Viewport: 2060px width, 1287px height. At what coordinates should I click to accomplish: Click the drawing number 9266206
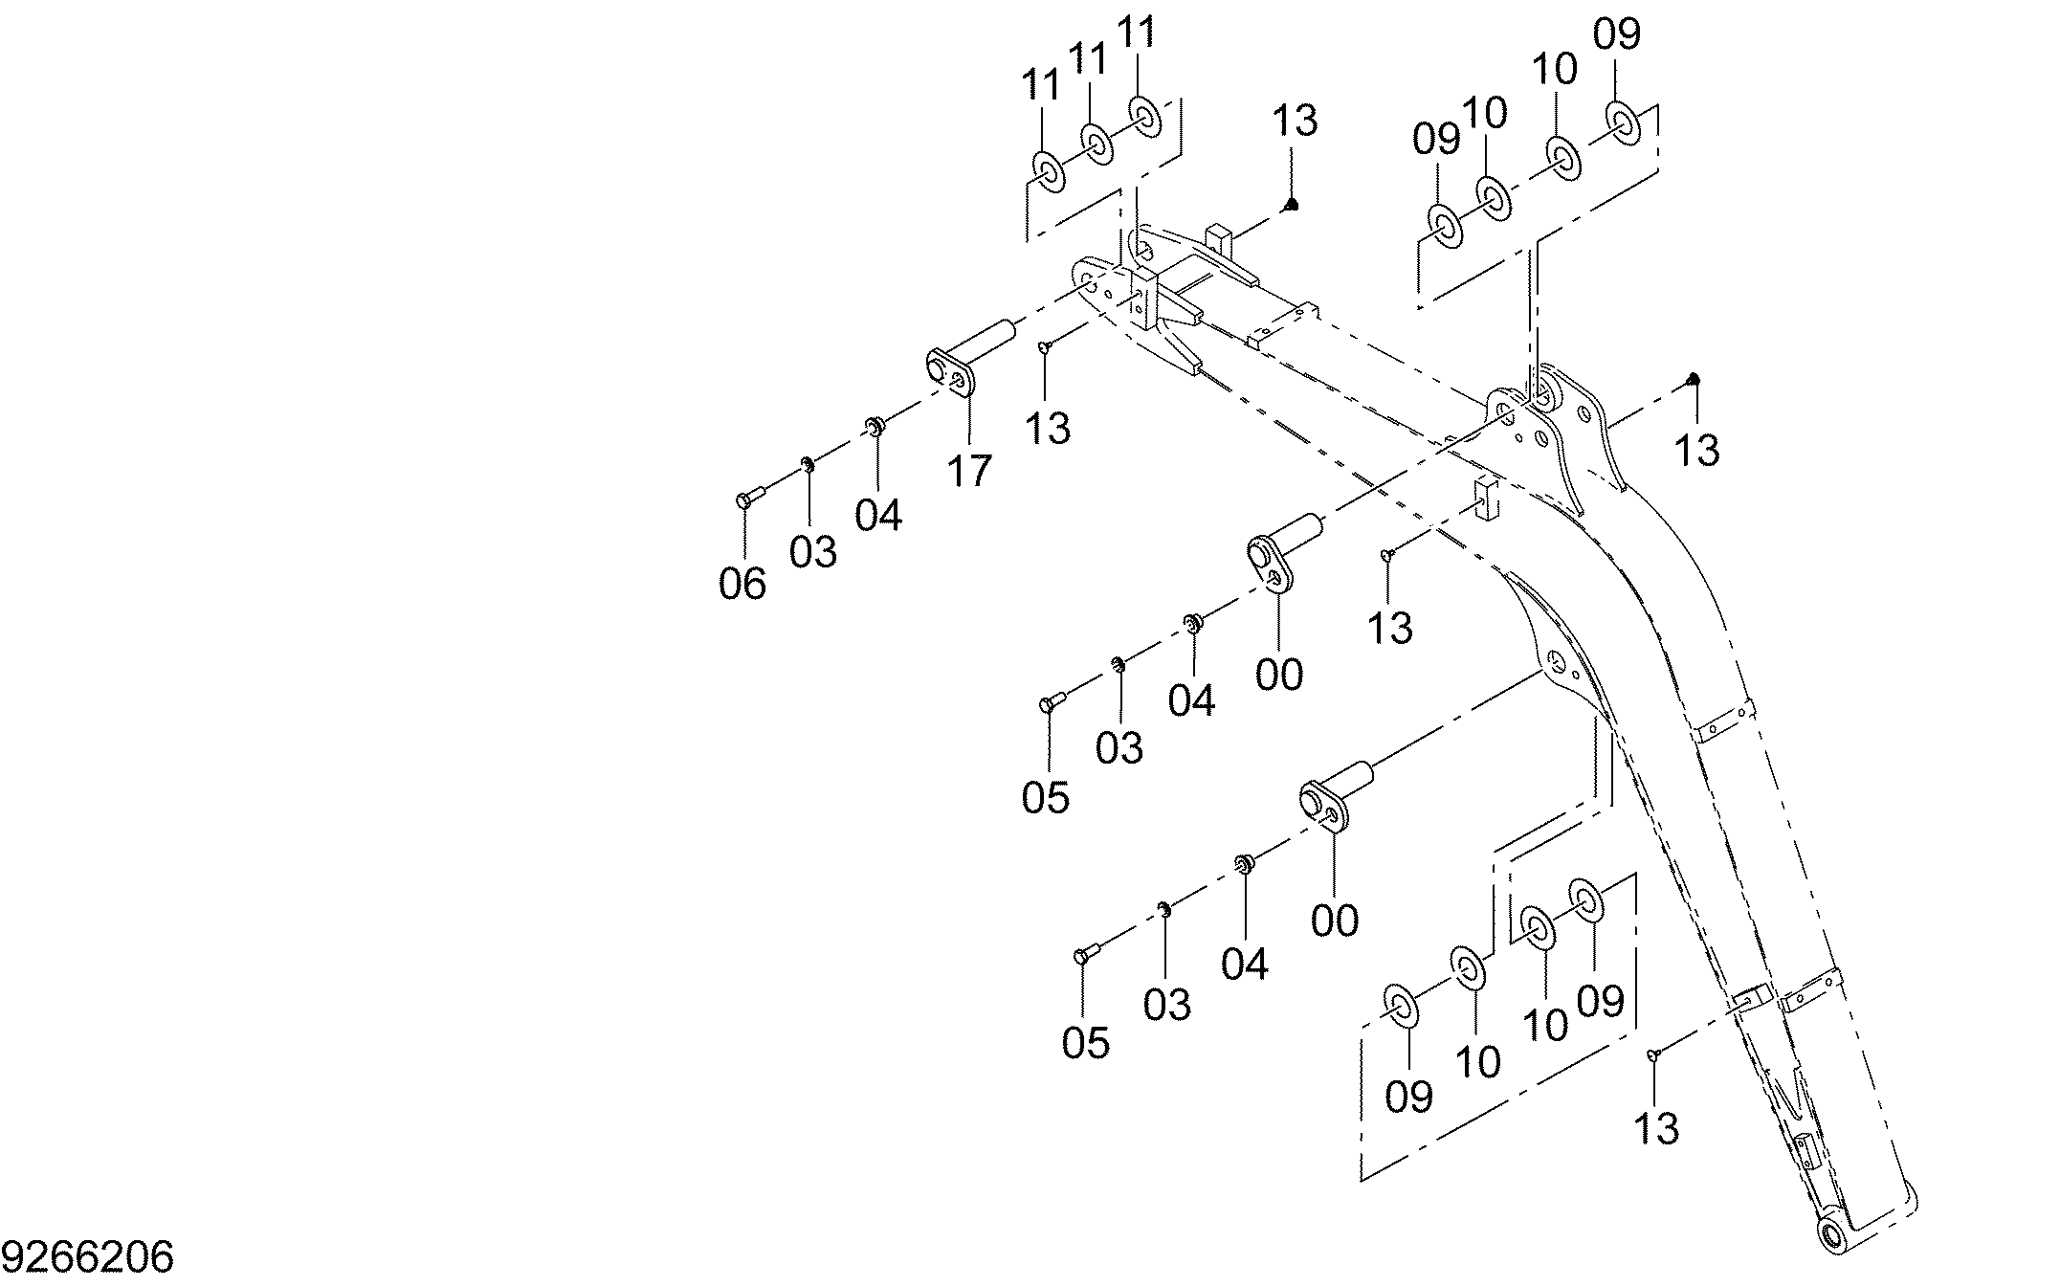pos(88,1257)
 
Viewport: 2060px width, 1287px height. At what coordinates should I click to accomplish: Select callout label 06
pos(742,584)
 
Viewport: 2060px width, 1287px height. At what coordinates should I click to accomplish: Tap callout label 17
pos(969,471)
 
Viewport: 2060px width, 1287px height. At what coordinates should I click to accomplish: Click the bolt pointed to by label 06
pos(749,498)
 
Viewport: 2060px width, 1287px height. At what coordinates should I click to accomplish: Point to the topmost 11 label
pos(1138,33)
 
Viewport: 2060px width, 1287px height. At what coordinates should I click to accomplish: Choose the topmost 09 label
pos(1617,35)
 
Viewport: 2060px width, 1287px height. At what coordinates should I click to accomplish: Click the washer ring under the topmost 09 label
pos(1624,122)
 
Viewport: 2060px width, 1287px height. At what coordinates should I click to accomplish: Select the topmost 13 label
pos(1295,121)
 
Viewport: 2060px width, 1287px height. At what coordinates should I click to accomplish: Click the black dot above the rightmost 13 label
pos(1694,379)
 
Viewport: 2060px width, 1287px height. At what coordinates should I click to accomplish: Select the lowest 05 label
pos(1085,1043)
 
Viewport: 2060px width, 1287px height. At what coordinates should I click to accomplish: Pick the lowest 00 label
pos(1335,921)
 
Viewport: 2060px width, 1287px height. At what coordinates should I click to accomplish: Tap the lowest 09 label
pos(1408,1097)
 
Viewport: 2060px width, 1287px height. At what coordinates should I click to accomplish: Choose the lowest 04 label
pos(1245,965)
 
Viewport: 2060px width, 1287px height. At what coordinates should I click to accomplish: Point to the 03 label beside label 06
pos(813,552)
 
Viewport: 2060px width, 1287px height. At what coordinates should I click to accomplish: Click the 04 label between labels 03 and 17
pos(878,516)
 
